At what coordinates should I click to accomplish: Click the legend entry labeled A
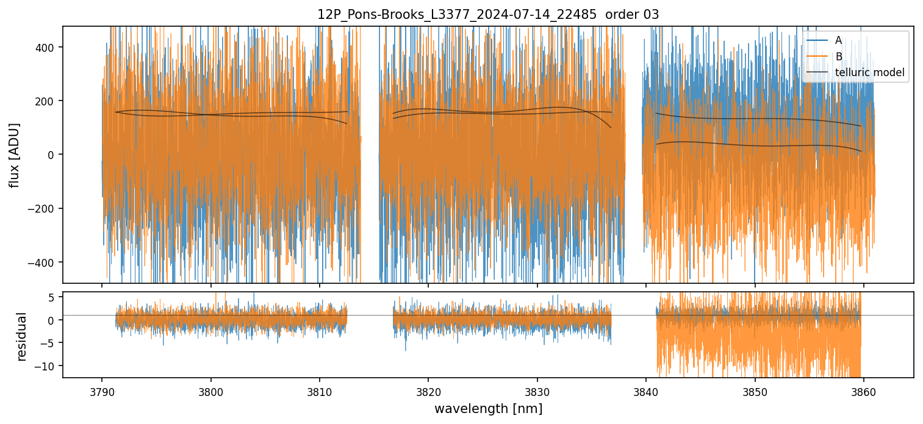pos(838,40)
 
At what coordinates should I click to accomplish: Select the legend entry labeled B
pos(838,57)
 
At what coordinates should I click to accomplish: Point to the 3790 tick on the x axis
pos(101,390)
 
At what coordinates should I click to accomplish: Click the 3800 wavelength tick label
pos(210,390)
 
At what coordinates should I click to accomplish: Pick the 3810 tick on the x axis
pos(319,390)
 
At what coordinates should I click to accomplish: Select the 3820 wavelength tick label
pos(428,390)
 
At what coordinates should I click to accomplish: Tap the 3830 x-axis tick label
pos(537,390)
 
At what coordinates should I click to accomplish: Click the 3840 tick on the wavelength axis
pos(646,390)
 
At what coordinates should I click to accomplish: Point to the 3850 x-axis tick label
pos(755,390)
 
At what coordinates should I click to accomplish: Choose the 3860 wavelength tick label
pos(864,390)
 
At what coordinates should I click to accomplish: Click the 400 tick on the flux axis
pos(48,48)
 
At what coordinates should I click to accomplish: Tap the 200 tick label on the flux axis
pos(48,101)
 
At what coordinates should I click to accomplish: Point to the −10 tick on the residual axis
pos(48,366)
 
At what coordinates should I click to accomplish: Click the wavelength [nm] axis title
pos(488,409)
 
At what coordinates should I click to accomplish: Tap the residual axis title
pos(22,336)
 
